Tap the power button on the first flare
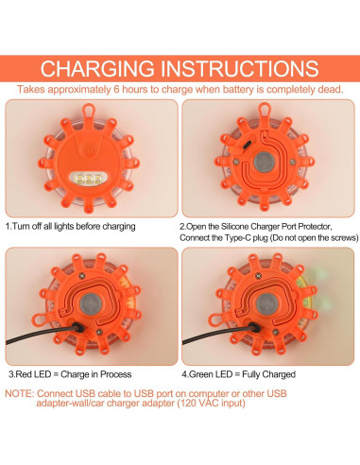click(90, 151)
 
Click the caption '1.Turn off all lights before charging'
click(71, 227)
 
